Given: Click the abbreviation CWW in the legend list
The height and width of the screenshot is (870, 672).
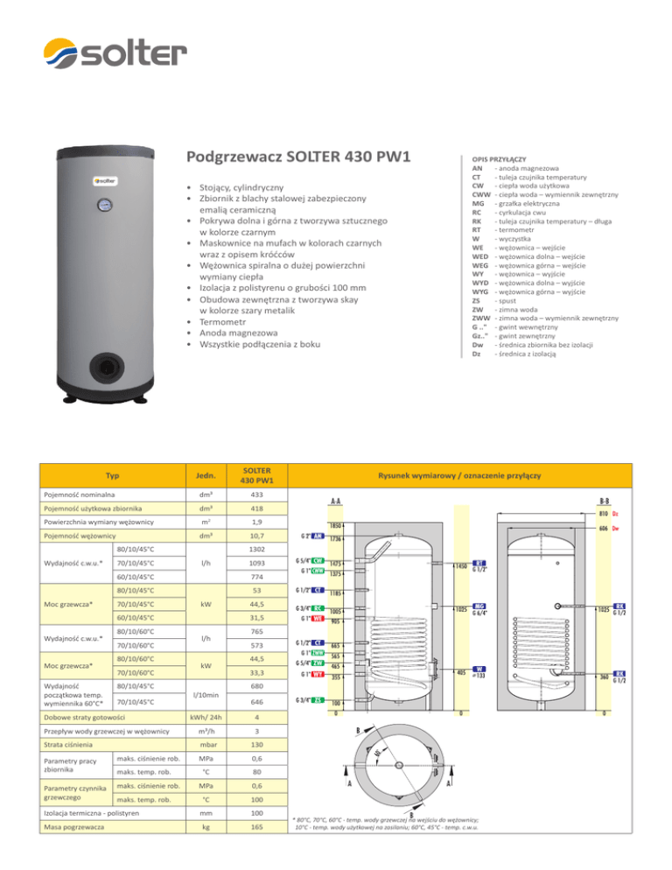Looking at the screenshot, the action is [480, 194].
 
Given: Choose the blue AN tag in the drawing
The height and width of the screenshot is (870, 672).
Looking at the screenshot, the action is [319, 537].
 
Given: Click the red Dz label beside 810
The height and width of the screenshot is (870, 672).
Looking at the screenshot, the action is [617, 513].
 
